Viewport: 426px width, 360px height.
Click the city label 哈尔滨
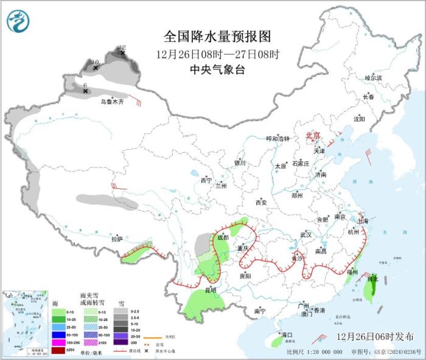[x=372, y=78]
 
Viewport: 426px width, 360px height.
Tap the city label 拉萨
[x=117, y=239]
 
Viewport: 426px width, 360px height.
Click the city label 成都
[x=222, y=237]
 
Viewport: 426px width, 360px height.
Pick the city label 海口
[x=286, y=335]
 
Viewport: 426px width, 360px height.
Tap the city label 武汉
[x=306, y=235]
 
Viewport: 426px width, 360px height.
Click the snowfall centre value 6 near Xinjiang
[x=85, y=85]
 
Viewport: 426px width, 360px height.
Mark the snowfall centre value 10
[x=95, y=62]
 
